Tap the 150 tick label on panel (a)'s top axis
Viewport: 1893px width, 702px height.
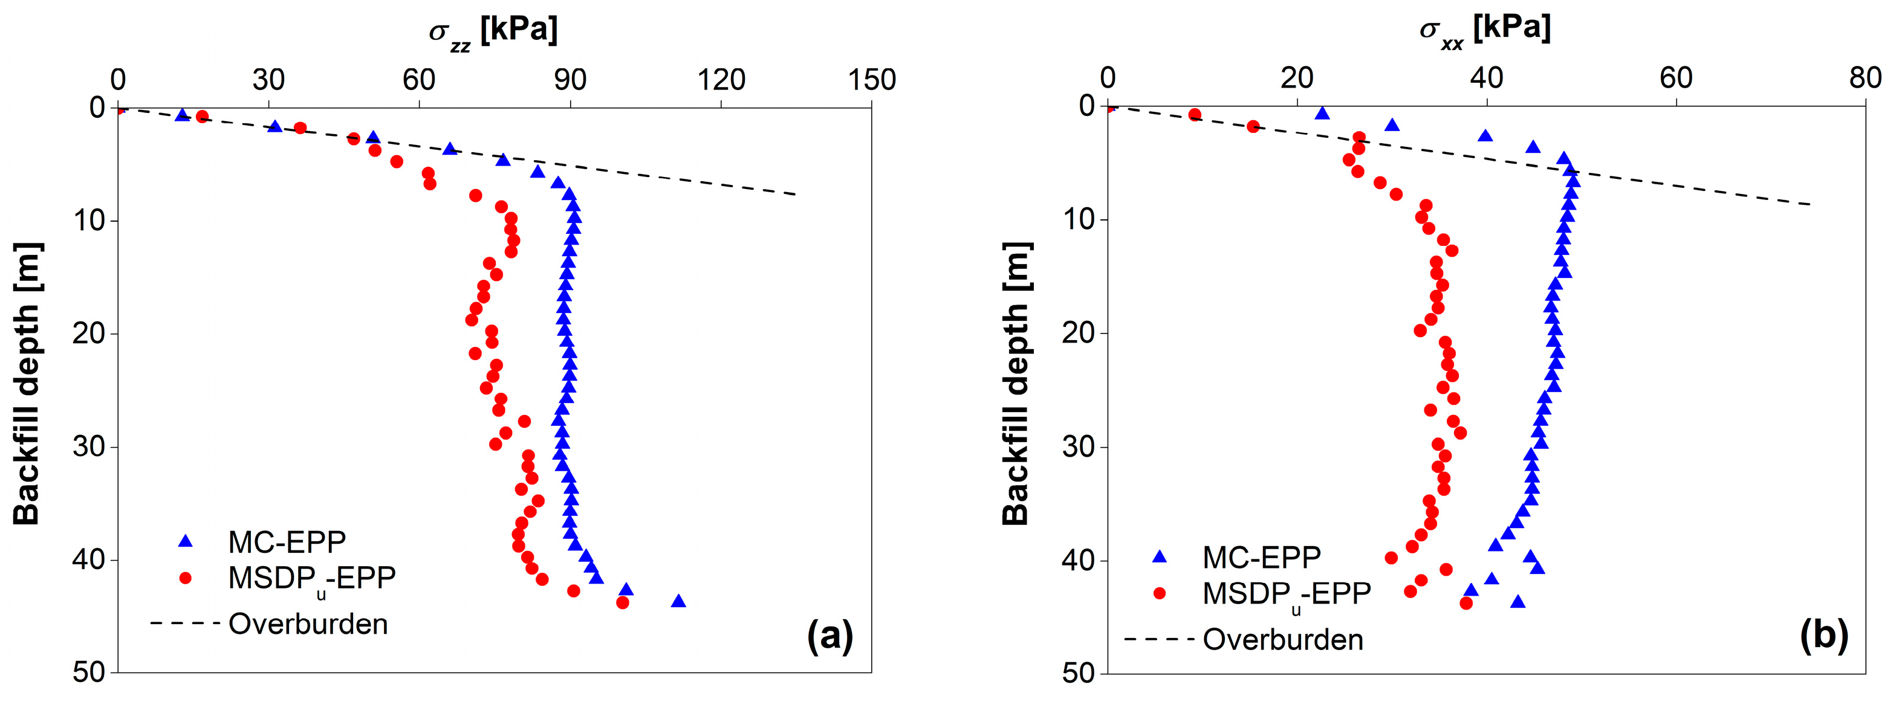coord(872,79)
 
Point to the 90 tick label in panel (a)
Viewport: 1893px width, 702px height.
coord(570,79)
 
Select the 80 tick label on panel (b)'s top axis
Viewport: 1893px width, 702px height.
coord(1865,77)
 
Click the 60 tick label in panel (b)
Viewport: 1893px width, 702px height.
coord(1675,77)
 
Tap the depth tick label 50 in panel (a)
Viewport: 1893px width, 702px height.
coord(89,672)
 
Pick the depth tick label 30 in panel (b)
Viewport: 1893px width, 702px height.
coord(1079,446)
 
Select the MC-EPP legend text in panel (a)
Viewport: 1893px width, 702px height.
coord(287,542)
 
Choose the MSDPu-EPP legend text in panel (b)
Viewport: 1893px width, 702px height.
coord(1286,594)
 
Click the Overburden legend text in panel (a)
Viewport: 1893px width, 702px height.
coord(308,624)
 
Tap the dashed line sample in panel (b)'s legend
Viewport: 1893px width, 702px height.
coord(1159,640)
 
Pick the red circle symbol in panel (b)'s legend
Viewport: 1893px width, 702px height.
coord(1160,593)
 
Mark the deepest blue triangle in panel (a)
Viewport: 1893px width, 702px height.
coord(678,601)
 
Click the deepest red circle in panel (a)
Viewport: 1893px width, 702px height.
coord(622,602)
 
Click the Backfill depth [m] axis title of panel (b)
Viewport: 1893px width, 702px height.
coord(1016,383)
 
